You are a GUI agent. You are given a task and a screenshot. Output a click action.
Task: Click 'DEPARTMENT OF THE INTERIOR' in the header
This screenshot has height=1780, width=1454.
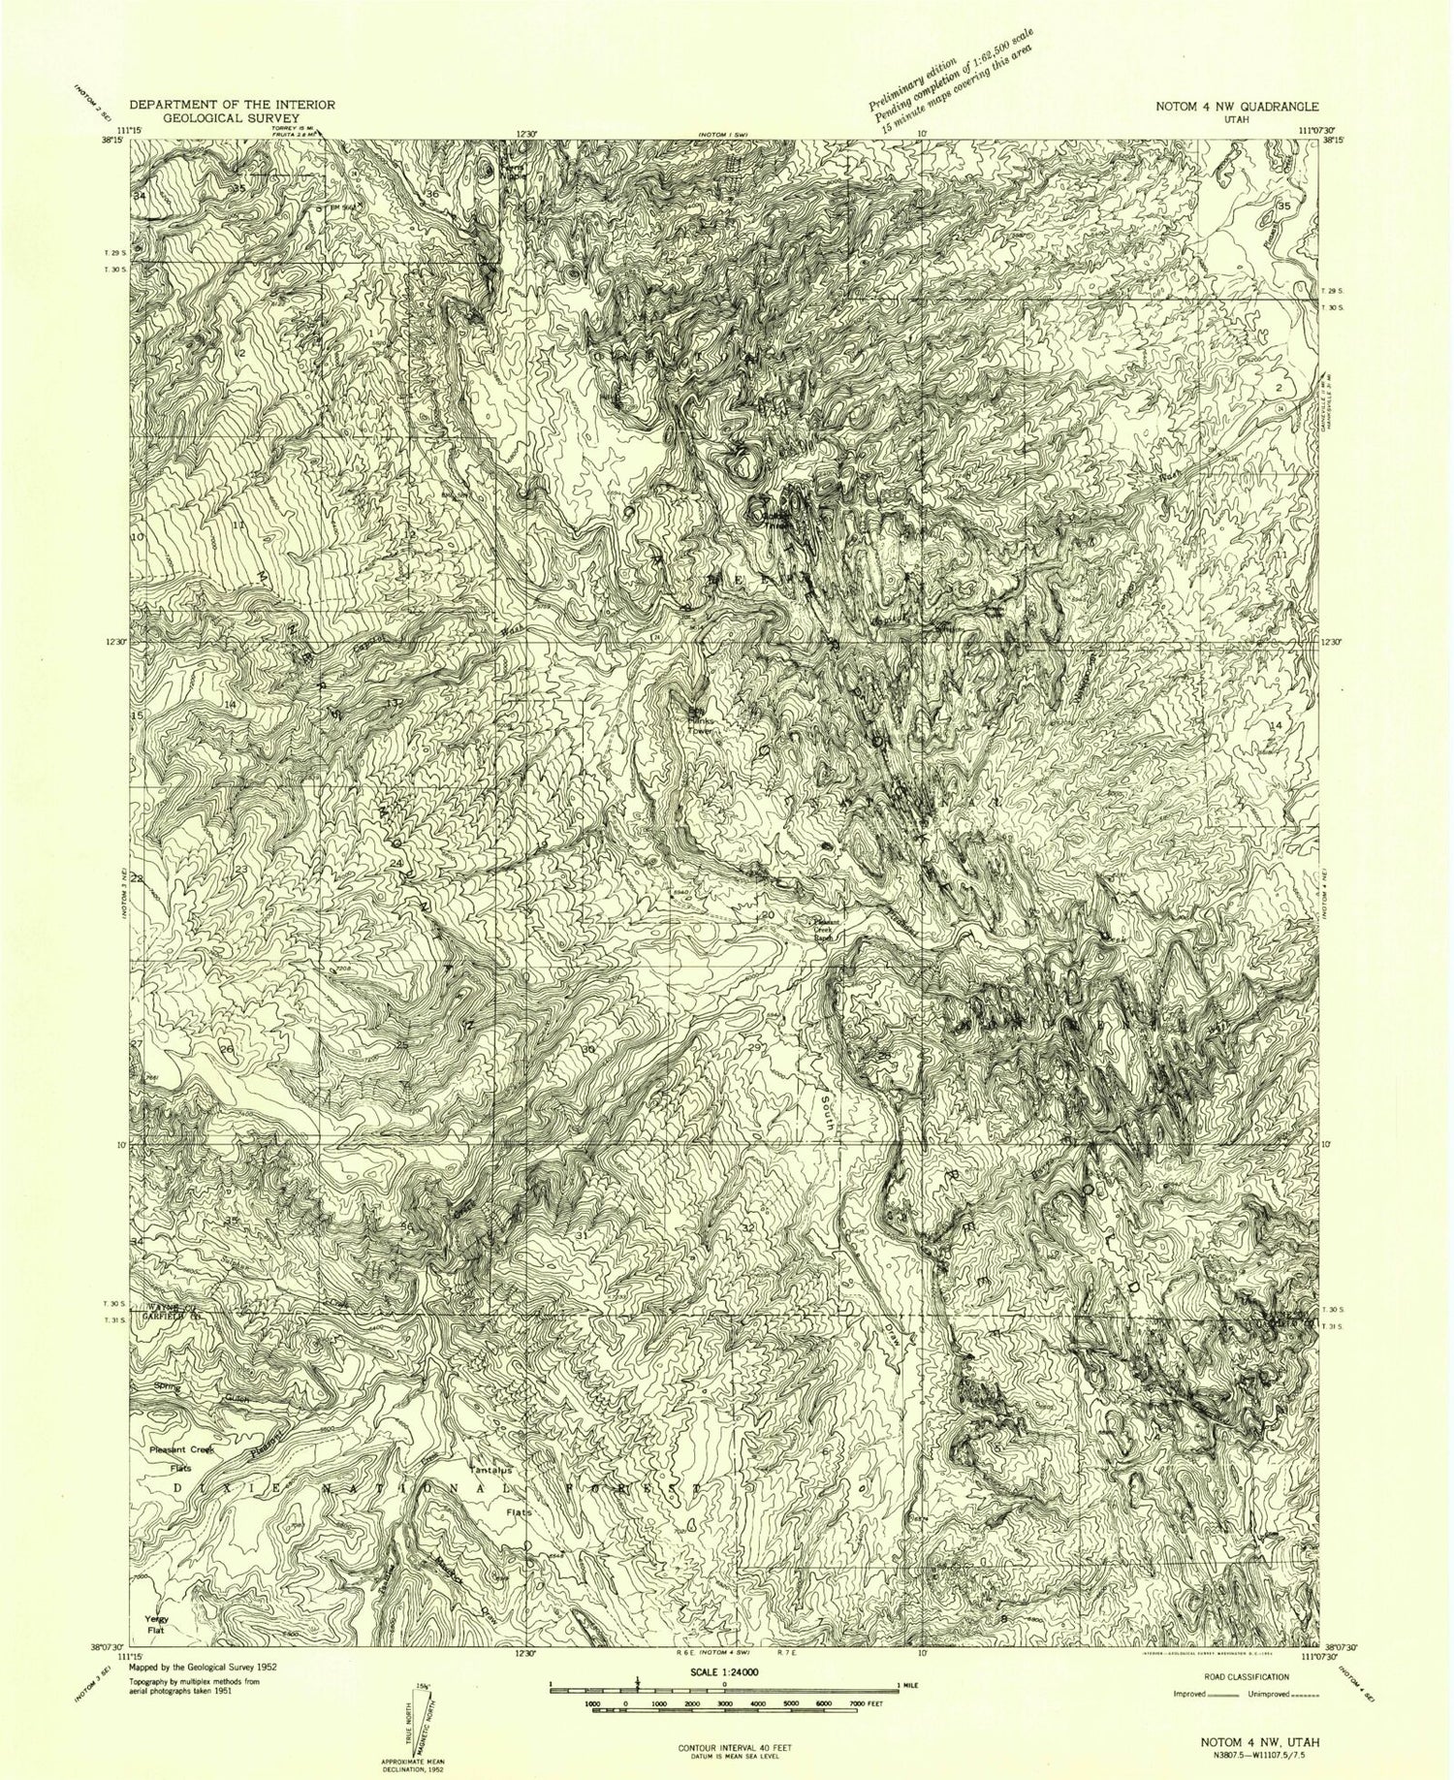[232, 104]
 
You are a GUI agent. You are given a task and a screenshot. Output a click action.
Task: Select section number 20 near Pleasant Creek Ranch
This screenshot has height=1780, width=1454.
[768, 914]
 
